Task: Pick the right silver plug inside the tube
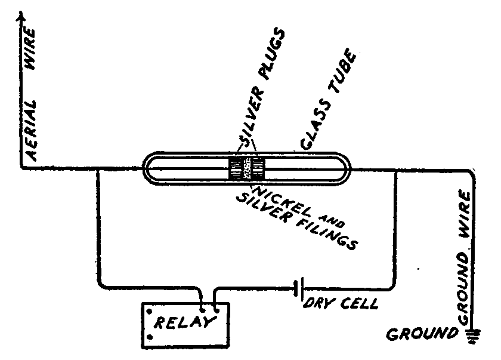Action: point(257,170)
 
